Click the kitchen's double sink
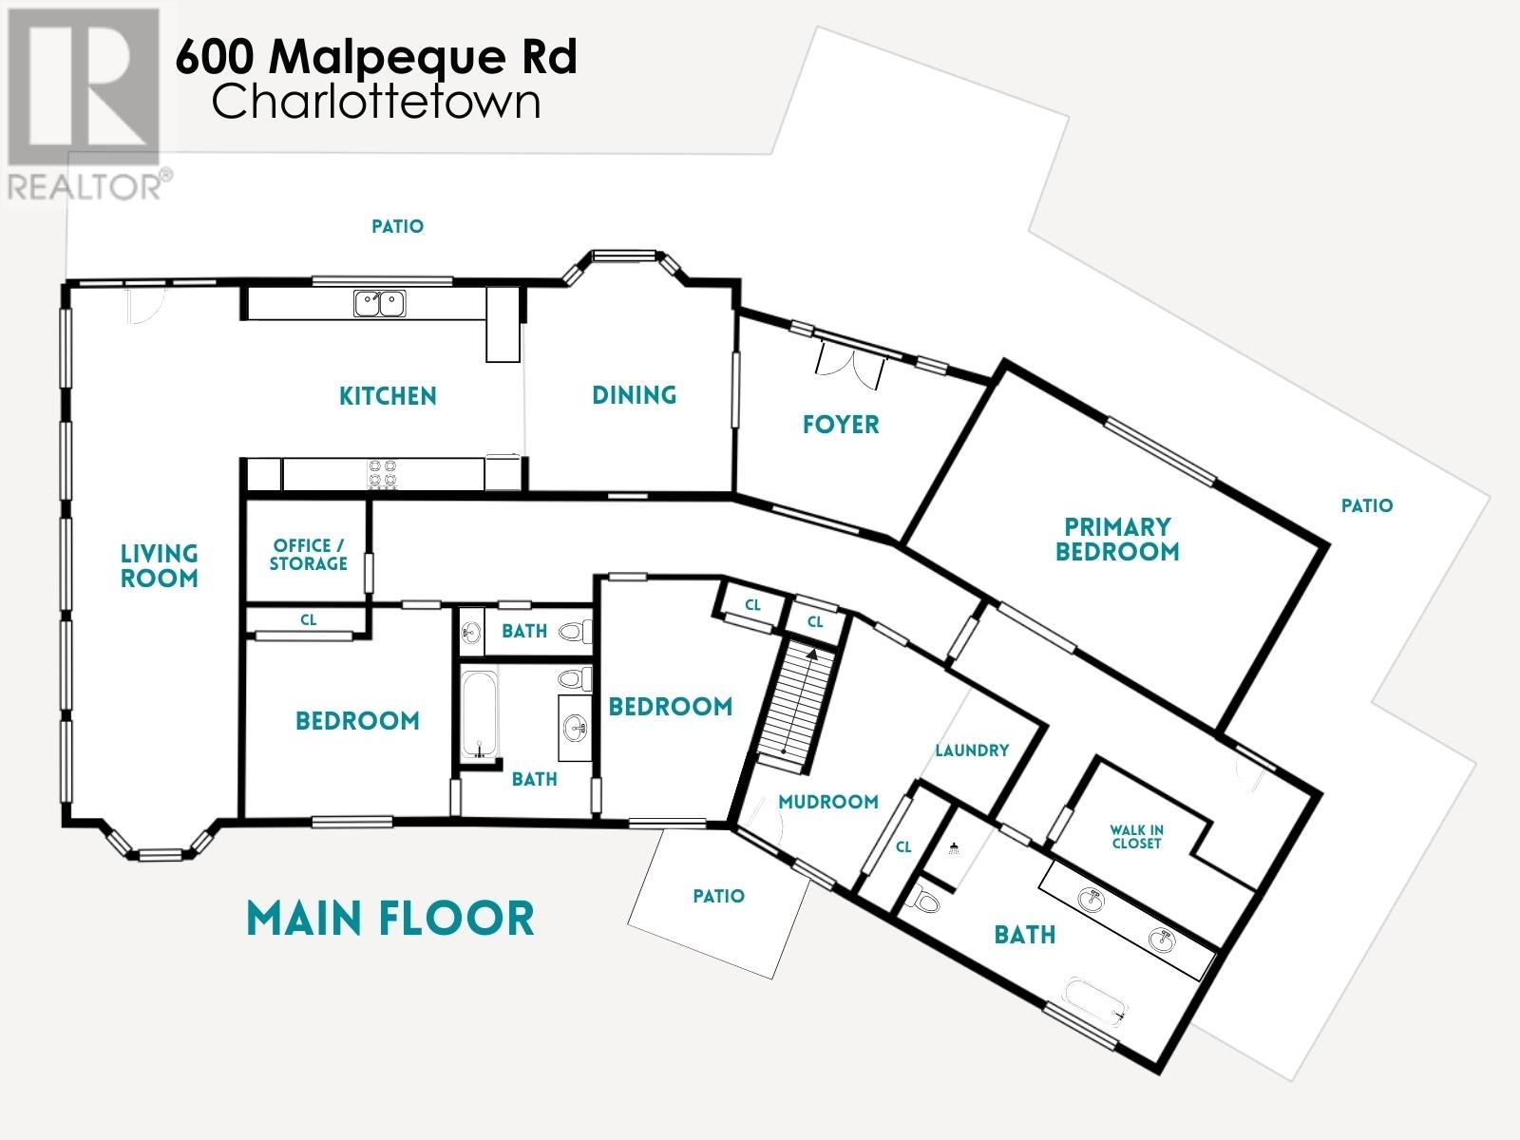point(380,303)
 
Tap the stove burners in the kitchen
point(382,473)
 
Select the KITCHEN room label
point(388,396)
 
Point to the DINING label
point(634,395)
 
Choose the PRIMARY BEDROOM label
point(1117,540)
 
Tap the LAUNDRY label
point(972,750)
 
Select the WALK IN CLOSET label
point(1136,836)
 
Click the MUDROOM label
point(827,802)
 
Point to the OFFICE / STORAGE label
point(308,555)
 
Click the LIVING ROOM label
point(159,566)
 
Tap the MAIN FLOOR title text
point(389,919)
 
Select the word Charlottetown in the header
point(376,103)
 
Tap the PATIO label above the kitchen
point(397,227)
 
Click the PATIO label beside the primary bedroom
point(1366,506)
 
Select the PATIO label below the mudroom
point(718,896)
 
